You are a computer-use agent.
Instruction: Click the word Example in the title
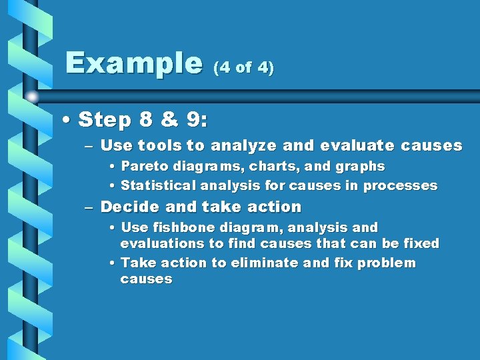click(133, 63)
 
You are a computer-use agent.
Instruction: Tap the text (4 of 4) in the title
click(243, 68)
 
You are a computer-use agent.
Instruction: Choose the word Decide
click(127, 207)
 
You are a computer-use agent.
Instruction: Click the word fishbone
click(177, 227)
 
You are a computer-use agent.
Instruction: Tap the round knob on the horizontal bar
click(32, 97)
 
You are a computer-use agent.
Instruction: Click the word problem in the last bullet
click(387, 263)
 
